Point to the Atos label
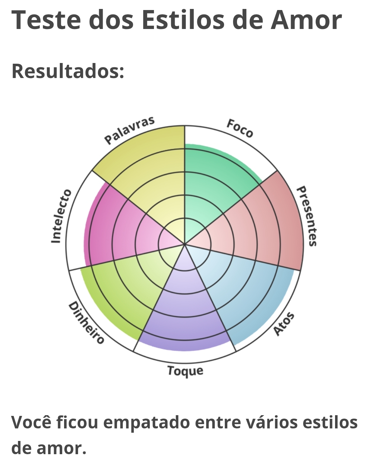point(284,324)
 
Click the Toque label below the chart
point(185,371)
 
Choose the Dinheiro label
point(86,323)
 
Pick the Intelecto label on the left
point(61,217)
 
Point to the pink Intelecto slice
point(115,229)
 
